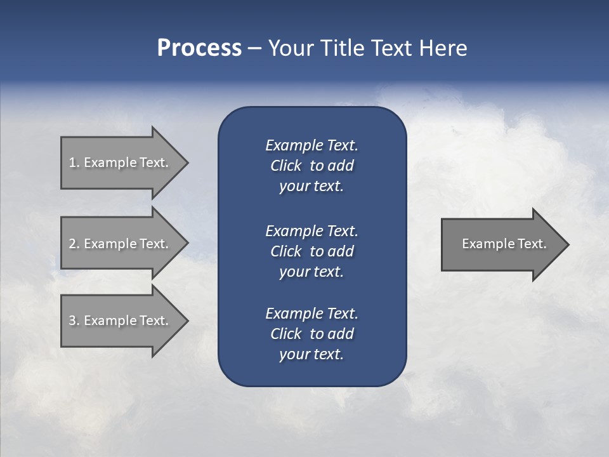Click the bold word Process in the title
199,48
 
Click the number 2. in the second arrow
74,244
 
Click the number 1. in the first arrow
74,162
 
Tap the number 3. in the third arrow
74,321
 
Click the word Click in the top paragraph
285,166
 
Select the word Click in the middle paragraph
285,251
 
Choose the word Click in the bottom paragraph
285,334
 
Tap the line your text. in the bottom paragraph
311,354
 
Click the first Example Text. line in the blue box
311,145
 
